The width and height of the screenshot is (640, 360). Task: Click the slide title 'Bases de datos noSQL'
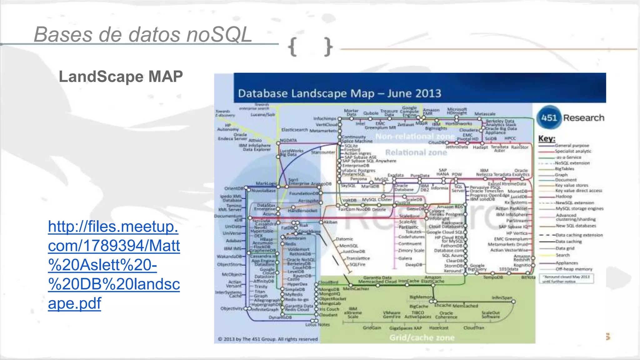[x=143, y=34]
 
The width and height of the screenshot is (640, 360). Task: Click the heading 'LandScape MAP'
[x=121, y=77]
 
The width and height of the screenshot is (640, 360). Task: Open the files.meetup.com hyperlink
[x=114, y=265]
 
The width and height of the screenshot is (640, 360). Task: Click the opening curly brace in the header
[x=292, y=47]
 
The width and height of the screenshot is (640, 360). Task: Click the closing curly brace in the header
[x=328, y=47]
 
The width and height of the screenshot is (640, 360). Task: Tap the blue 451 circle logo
[x=549, y=118]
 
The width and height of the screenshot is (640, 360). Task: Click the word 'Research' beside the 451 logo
[x=583, y=118]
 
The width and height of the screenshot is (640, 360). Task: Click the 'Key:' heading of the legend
[x=547, y=139]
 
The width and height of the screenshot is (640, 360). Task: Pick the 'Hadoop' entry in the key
[x=563, y=197]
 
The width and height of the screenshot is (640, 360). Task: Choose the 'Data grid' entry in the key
[x=565, y=248]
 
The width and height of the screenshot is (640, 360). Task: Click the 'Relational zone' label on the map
[x=416, y=152]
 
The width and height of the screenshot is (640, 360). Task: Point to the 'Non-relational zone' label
[x=415, y=137]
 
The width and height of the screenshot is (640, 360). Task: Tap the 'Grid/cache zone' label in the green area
[x=422, y=337]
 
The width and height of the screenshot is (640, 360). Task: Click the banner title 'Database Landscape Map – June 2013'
[x=339, y=93]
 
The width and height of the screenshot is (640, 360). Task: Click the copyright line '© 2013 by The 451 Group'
[x=267, y=339]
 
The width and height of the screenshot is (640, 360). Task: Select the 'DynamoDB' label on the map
[x=280, y=317]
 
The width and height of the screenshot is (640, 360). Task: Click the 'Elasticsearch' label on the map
[x=294, y=130]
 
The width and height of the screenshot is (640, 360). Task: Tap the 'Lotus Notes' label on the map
[x=317, y=325]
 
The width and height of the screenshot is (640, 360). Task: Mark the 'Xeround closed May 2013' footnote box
[x=566, y=279]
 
